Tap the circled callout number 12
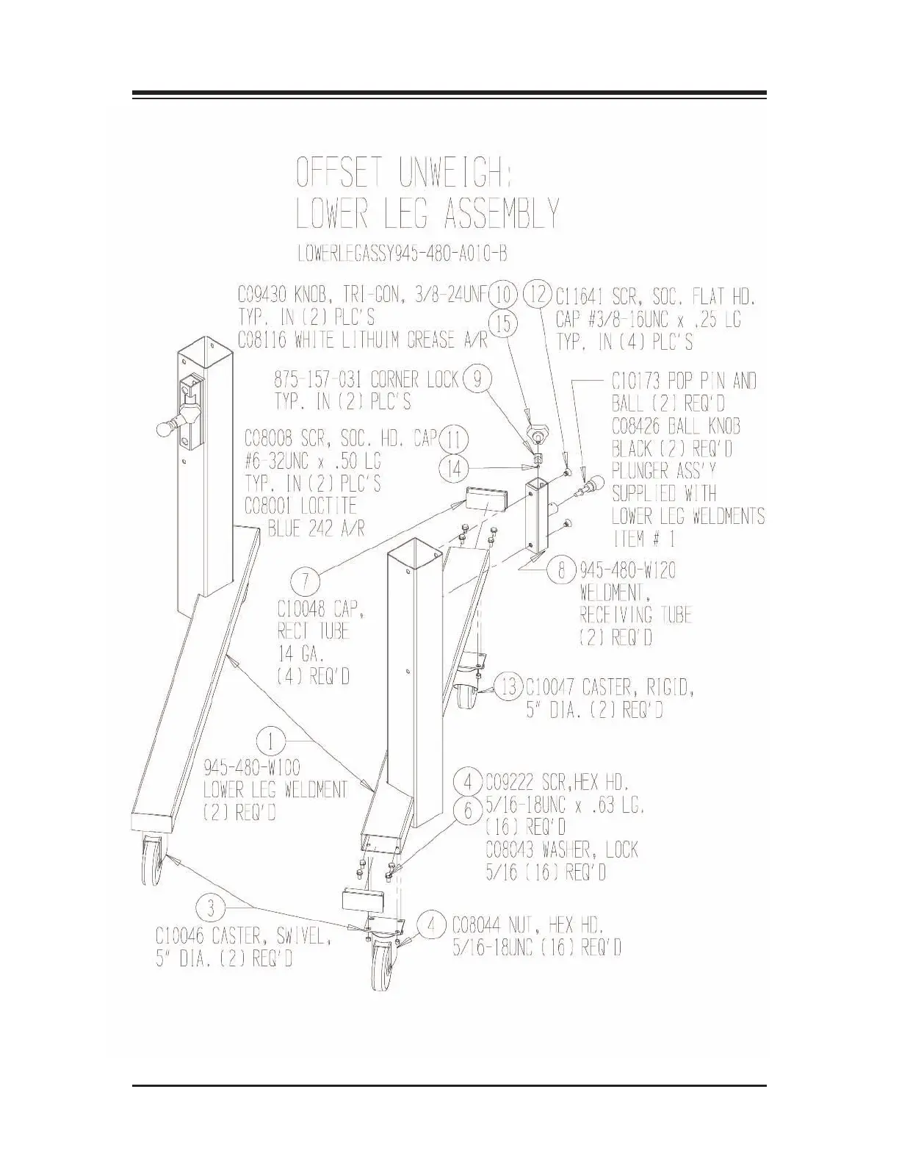coord(538,295)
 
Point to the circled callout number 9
coord(478,379)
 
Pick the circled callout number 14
coord(455,468)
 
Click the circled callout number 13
coord(509,688)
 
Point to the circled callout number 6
coord(467,811)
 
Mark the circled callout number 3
coord(212,908)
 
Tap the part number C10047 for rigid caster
coord(551,688)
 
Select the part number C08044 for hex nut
coord(477,924)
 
